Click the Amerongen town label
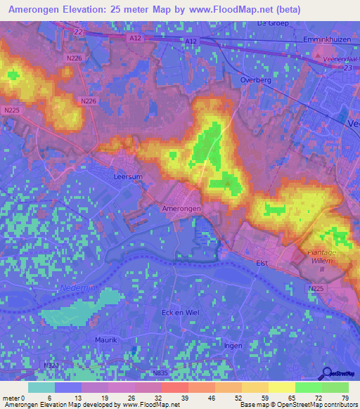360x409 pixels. pos(182,209)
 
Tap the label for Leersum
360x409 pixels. pos(129,177)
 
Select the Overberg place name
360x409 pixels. pos(256,80)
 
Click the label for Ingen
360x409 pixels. pos(233,345)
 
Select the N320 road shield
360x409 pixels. pos(51,365)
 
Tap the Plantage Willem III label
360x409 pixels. pos(322,259)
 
